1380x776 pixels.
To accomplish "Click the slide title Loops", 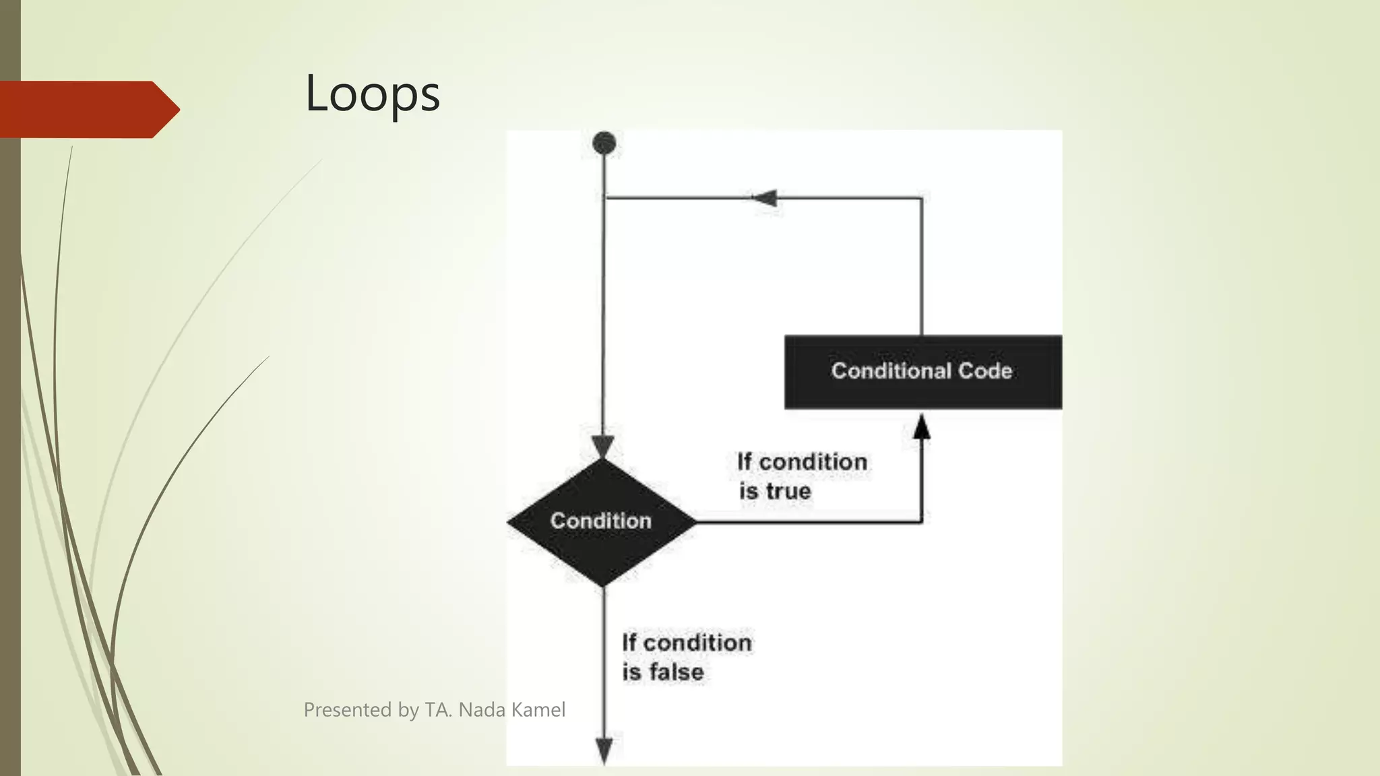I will tap(372, 94).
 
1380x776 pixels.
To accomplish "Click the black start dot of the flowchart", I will tap(604, 143).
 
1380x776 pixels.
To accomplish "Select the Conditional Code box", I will tap(922, 371).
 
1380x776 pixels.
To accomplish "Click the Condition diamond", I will tap(601, 521).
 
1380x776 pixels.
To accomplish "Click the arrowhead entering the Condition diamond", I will tap(603, 447).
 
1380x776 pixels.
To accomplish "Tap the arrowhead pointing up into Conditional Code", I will tap(922, 426).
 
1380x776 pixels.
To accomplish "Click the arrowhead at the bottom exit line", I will tap(604, 750).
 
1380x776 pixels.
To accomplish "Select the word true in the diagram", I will tap(788, 491).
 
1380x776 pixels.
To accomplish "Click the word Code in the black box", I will tap(985, 371).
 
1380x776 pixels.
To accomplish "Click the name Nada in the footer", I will tap(482, 710).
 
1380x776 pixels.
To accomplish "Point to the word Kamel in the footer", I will tap(538, 710).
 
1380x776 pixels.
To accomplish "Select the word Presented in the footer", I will tap(348, 710).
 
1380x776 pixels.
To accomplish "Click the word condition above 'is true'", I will tap(813, 462).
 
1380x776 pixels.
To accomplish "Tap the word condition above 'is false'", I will tap(697, 643).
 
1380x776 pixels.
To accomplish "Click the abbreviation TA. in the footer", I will tap(439, 710).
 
